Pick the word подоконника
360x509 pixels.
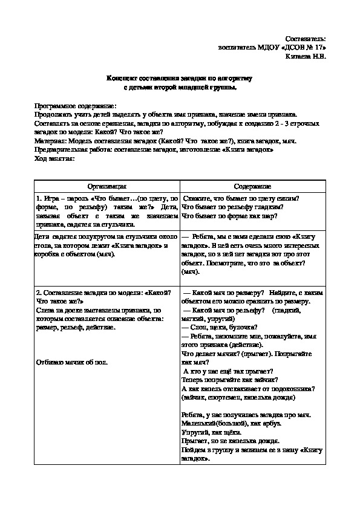pyautogui.click(x=295, y=389)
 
